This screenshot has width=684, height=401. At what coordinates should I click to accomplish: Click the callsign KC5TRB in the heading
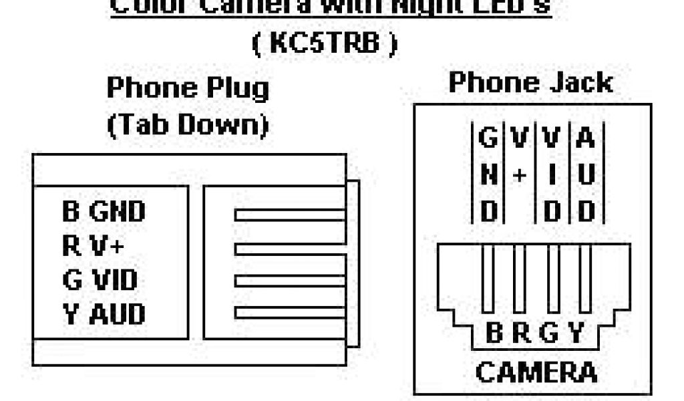pyautogui.click(x=325, y=43)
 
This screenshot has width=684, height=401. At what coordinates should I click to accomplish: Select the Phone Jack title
pyautogui.click(x=530, y=83)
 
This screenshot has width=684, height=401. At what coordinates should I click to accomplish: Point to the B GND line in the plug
pyautogui.click(x=104, y=212)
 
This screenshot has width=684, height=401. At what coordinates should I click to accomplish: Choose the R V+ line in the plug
pyautogui.click(x=93, y=246)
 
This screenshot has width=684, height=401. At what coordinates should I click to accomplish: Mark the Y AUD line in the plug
pyautogui.click(x=104, y=313)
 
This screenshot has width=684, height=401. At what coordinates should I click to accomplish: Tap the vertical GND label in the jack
pyautogui.click(x=489, y=175)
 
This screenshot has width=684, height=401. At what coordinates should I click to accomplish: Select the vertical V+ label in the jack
pyautogui.click(x=520, y=158)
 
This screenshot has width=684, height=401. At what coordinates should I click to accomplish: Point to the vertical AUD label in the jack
pyautogui.click(x=585, y=175)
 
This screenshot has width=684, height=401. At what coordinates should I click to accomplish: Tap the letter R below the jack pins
pyautogui.click(x=521, y=333)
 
